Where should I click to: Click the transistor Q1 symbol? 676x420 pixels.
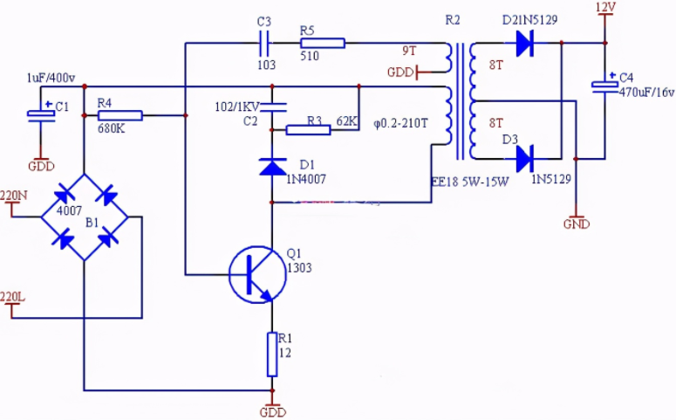257,274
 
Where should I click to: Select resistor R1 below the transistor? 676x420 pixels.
272,355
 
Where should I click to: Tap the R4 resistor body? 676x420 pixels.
120,115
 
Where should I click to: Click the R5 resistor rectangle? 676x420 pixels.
323,43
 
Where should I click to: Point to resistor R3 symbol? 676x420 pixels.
308,130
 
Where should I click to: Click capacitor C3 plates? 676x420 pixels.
264,43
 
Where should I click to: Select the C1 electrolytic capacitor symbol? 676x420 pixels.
41,114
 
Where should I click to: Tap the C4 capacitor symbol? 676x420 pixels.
604,86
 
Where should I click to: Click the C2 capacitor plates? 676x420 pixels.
272,107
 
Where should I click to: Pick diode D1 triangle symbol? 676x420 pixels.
272,167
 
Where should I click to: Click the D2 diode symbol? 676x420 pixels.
525,43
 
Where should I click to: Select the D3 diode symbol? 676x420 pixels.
525,159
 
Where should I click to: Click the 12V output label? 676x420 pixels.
605,7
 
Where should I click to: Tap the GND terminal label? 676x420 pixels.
577,224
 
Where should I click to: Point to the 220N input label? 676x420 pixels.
13,196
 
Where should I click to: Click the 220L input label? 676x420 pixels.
12,297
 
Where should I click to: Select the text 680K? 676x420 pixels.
112,128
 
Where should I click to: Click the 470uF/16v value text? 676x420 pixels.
646,92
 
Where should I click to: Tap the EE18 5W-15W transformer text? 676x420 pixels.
470,182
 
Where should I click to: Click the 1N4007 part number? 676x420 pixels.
306,179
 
